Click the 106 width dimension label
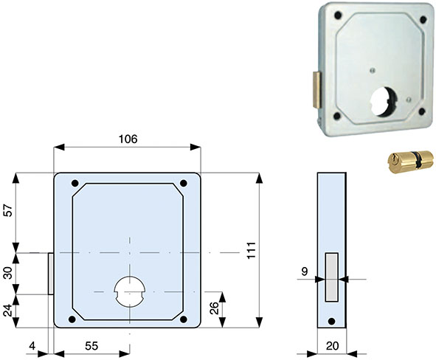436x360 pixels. coord(128,139)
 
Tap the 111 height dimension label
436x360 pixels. coord(252,251)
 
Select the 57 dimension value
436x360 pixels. coord(8,210)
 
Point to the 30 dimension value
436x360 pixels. coord(8,273)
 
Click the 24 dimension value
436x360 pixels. coord(8,311)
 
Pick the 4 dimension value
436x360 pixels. coord(32,346)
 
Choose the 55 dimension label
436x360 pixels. coord(91,346)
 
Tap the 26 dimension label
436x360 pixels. coord(214,308)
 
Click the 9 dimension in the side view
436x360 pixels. coord(305,271)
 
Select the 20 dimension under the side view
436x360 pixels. coord(332,346)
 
